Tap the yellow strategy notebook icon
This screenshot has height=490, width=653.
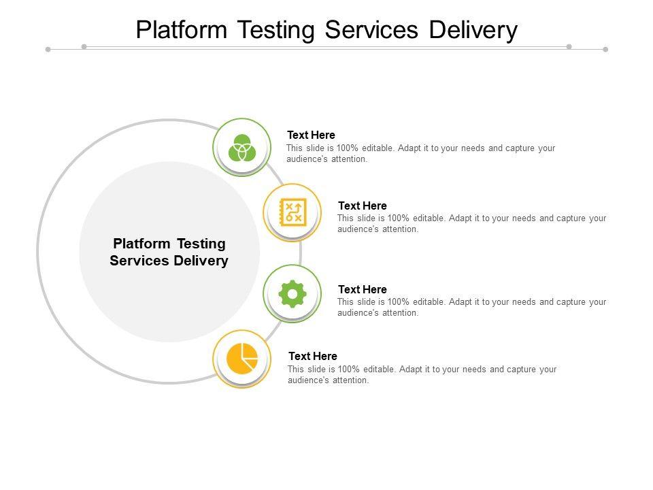click(292, 212)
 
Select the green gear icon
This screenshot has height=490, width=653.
click(292, 294)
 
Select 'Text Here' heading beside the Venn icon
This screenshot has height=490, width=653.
click(311, 135)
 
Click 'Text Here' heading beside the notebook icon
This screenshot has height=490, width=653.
click(362, 206)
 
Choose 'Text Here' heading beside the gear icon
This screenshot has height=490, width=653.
click(362, 289)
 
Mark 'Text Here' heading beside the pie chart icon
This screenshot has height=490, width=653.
click(312, 356)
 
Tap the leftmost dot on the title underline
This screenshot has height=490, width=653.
click(48, 49)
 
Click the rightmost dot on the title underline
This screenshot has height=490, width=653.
click(605, 49)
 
